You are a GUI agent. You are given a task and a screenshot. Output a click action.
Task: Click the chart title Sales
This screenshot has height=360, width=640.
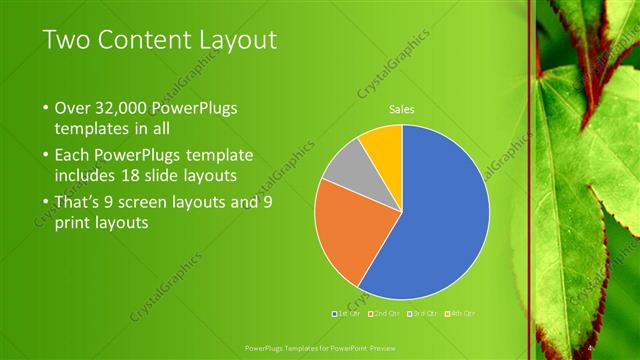(401, 109)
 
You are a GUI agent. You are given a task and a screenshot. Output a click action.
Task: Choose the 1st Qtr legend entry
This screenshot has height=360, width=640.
(348, 313)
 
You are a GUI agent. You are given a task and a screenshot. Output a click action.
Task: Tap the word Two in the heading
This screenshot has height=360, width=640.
(67, 40)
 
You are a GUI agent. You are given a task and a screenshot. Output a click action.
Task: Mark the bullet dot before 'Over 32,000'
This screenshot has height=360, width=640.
(45, 108)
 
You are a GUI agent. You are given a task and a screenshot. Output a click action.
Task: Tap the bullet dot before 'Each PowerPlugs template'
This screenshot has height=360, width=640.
(45, 156)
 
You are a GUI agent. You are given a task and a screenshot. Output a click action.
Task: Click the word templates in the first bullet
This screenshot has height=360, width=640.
(92, 129)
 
